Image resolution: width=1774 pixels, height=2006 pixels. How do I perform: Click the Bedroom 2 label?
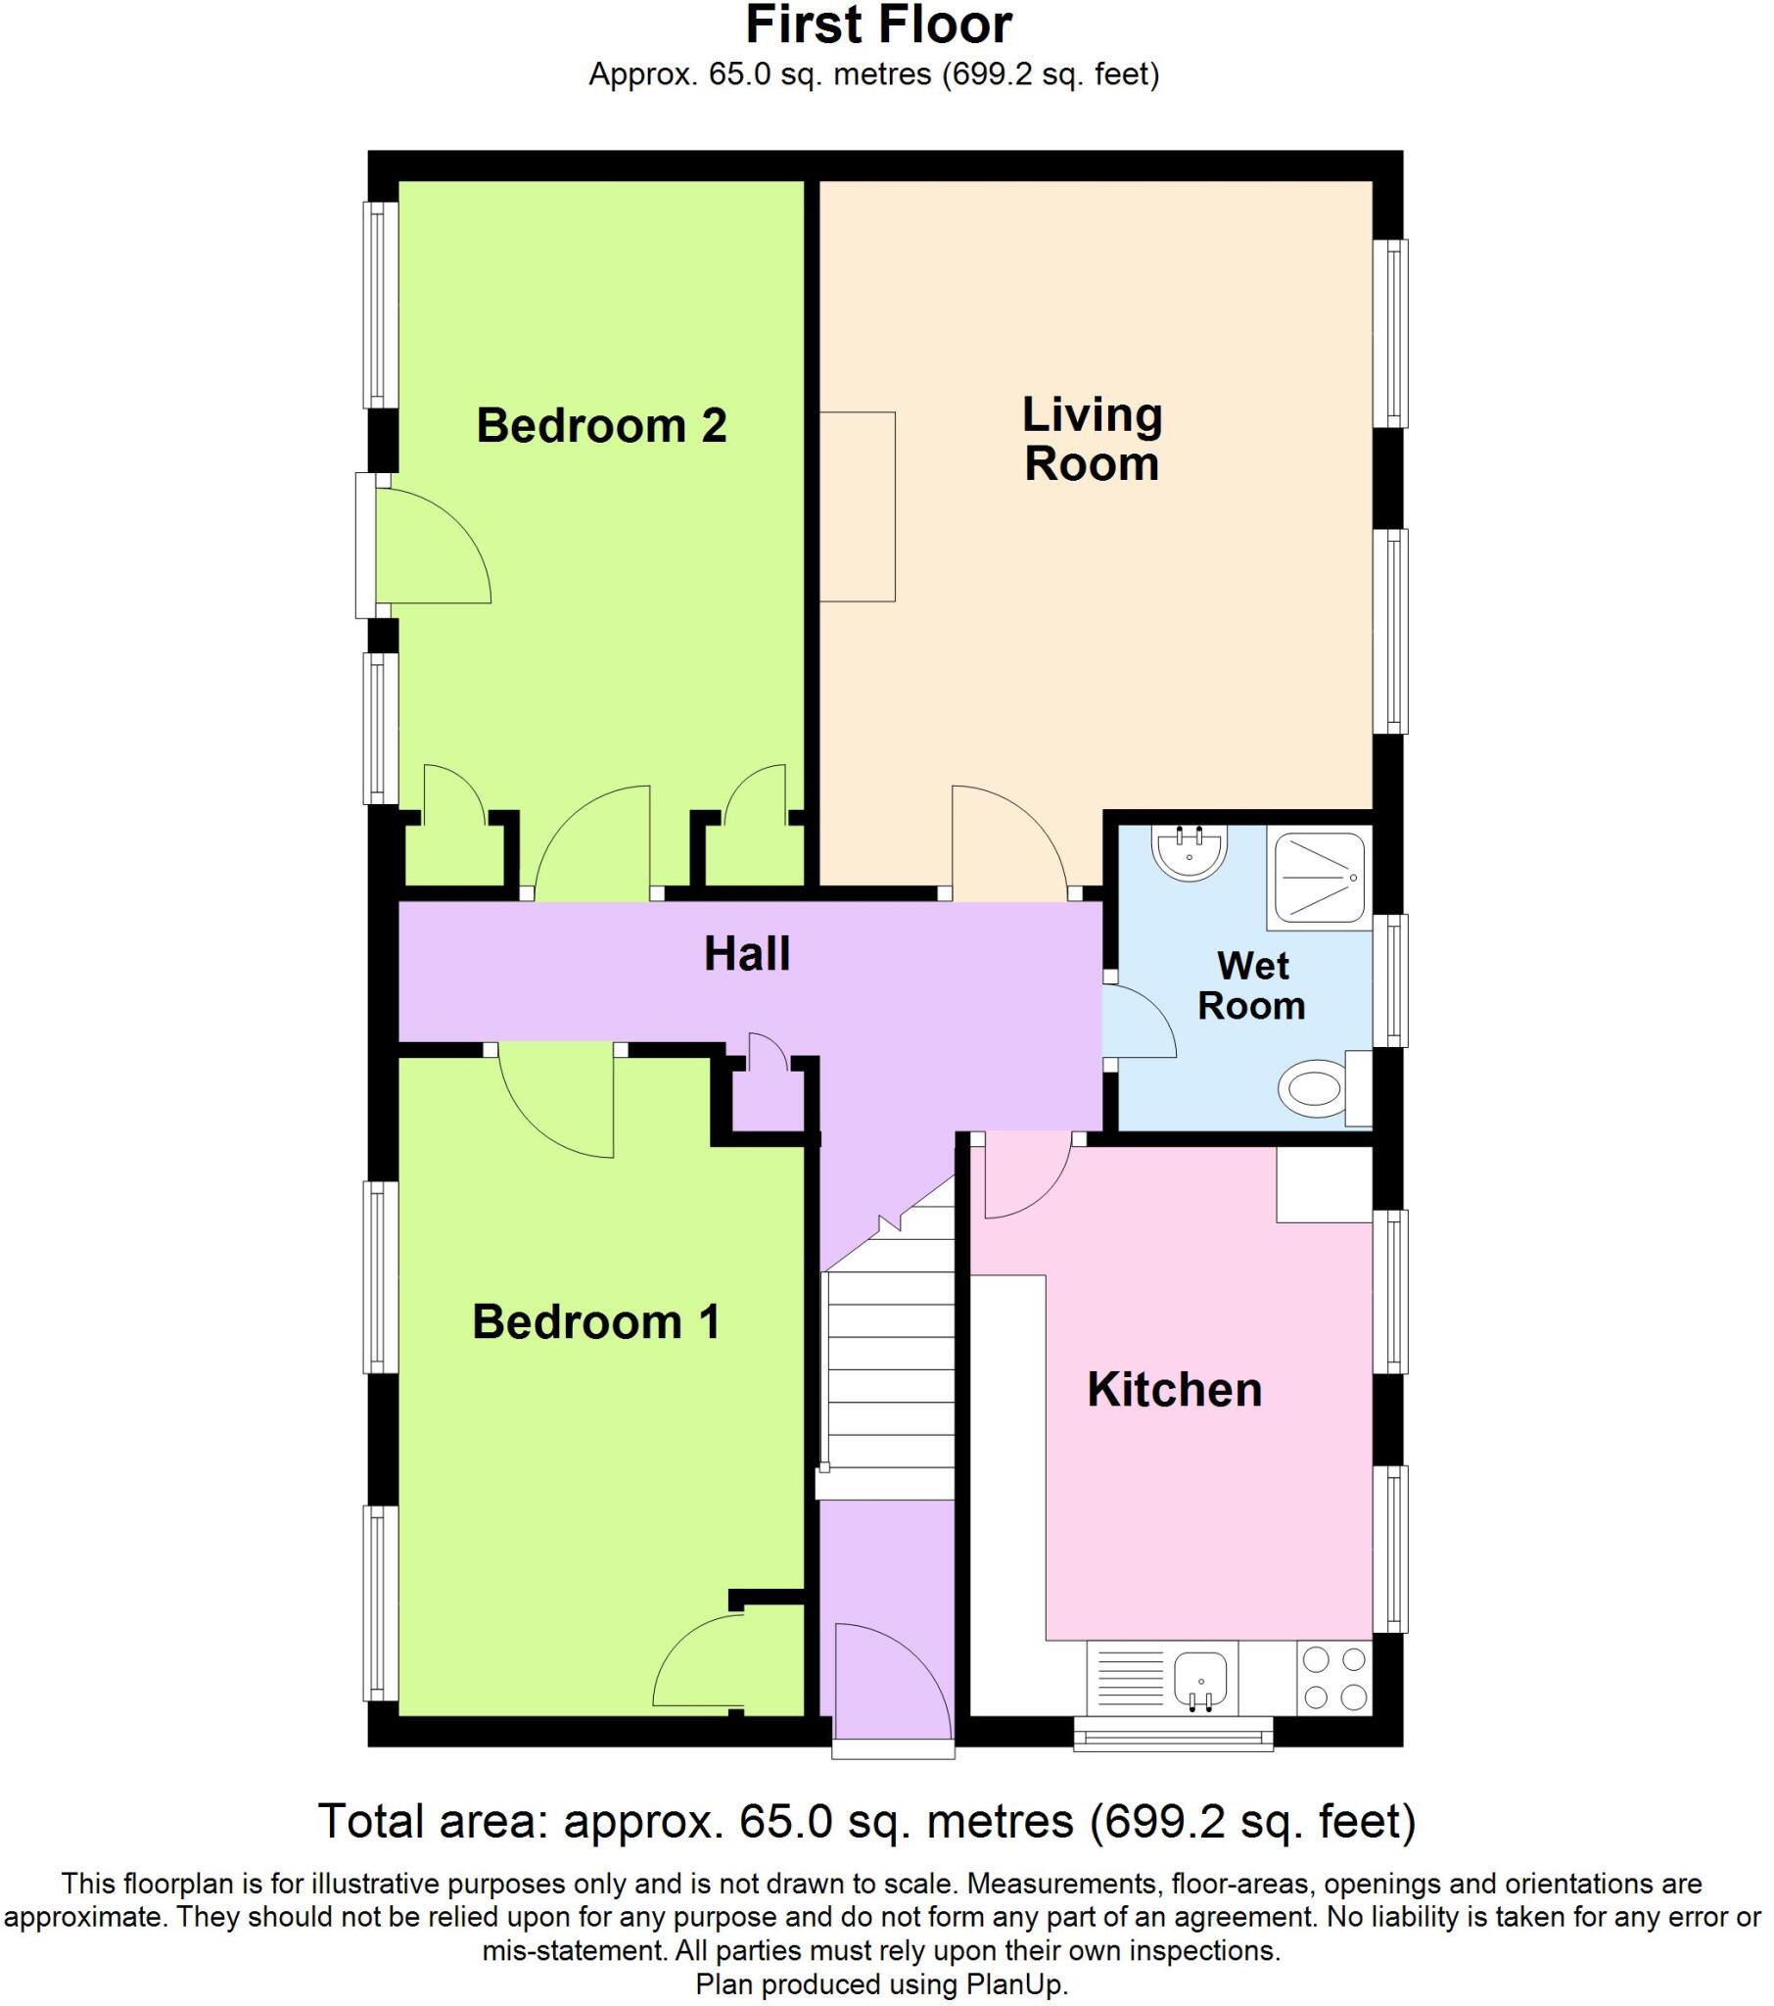600,425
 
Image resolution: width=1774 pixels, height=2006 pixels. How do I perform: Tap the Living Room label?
1091,439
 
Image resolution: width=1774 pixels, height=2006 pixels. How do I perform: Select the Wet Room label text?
1251,985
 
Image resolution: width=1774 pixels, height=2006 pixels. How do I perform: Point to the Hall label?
747,954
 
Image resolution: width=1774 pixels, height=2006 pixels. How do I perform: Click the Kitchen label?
1174,1390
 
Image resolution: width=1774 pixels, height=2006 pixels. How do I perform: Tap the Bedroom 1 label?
595,1322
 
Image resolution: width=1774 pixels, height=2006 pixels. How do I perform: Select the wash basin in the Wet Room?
1190,852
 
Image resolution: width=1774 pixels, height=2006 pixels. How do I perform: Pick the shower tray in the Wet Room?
1318,878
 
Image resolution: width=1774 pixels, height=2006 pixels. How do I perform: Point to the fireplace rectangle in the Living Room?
857,506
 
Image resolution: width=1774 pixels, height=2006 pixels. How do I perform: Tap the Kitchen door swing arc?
1025,1173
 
